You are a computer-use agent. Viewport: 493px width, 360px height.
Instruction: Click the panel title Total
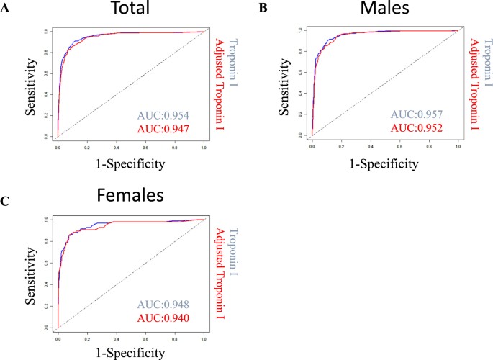[130, 12]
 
